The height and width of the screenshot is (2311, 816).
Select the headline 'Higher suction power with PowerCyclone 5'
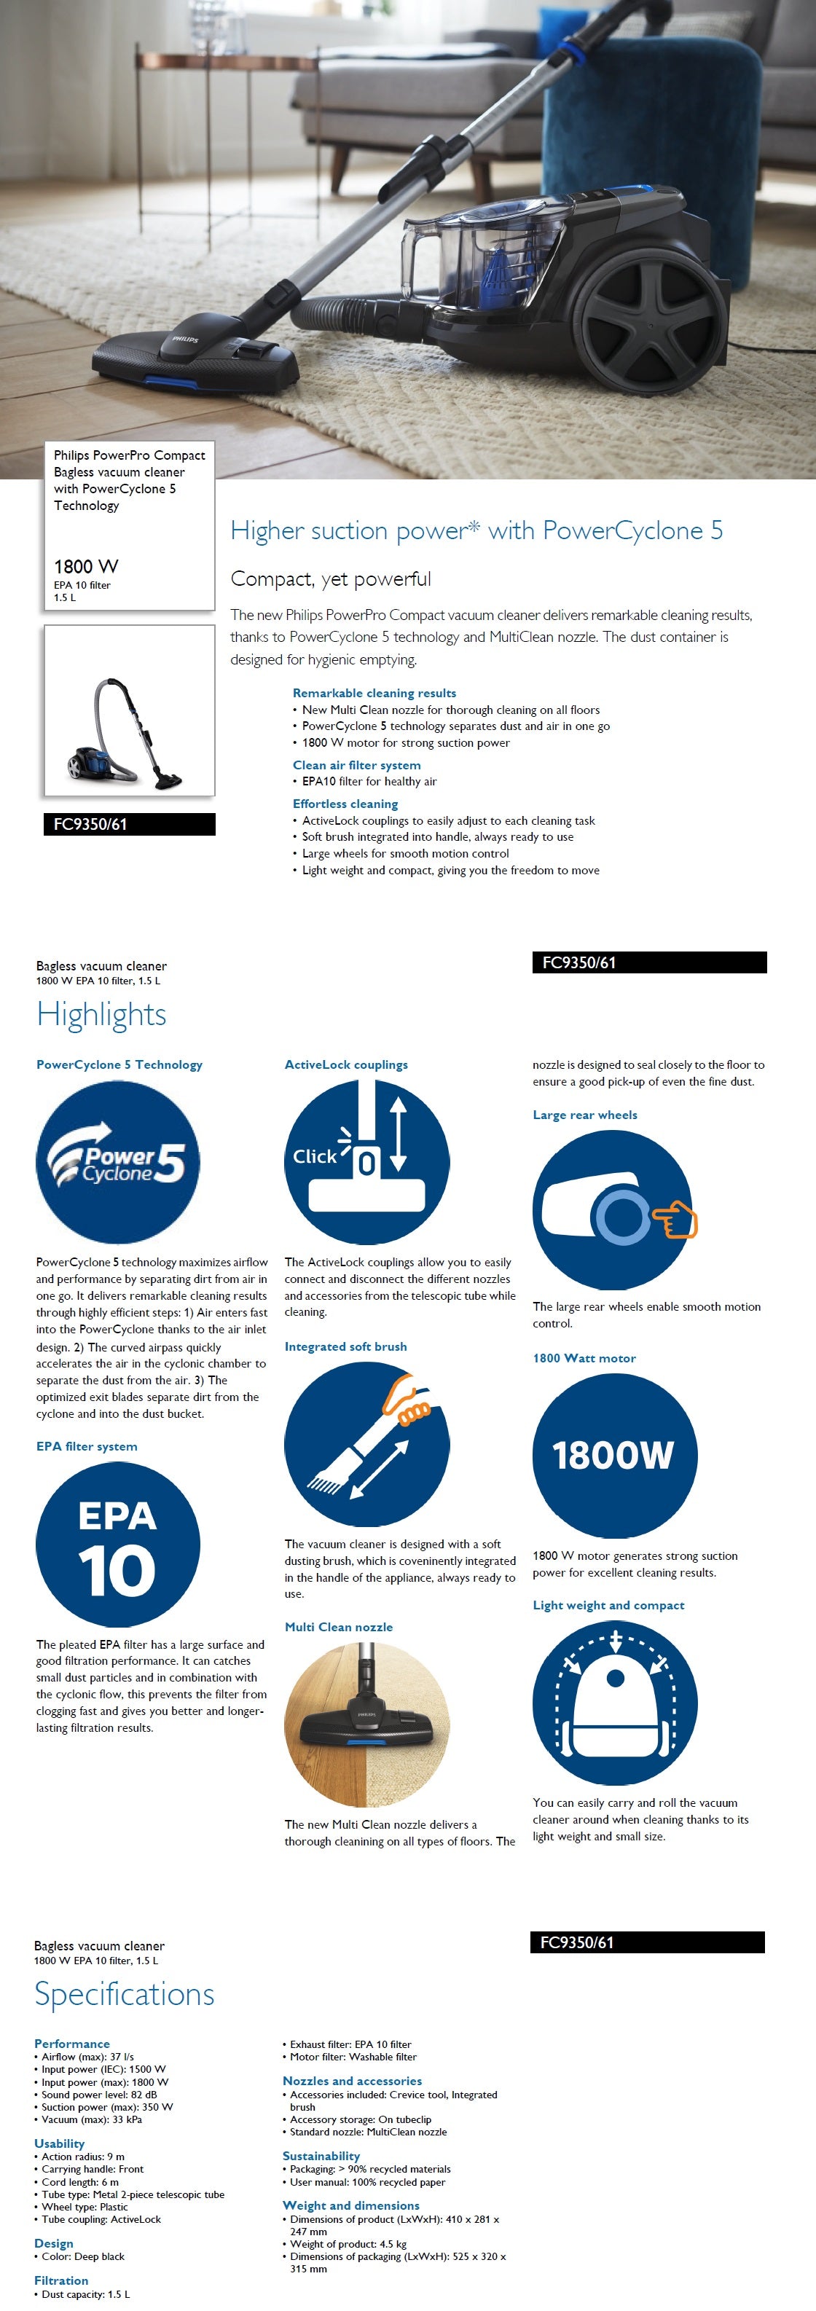click(476, 530)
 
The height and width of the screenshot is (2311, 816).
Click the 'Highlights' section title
click(101, 1015)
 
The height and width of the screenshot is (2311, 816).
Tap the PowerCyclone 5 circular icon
click(117, 1162)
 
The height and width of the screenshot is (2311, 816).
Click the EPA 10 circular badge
click(117, 1544)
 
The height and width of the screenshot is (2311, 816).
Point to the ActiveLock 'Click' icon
click(366, 1162)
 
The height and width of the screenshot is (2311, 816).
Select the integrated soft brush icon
click(366, 1443)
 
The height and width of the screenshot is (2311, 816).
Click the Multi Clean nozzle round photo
click(366, 1722)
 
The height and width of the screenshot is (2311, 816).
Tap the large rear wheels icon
click(614, 1210)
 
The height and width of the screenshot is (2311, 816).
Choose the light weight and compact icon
click(614, 1702)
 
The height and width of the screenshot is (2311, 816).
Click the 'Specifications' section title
click(125, 1994)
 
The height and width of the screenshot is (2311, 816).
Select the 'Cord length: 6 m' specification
click(80, 2182)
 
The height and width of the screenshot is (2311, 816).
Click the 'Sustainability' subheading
click(321, 2156)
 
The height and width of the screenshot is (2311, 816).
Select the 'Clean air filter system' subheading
click(357, 765)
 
